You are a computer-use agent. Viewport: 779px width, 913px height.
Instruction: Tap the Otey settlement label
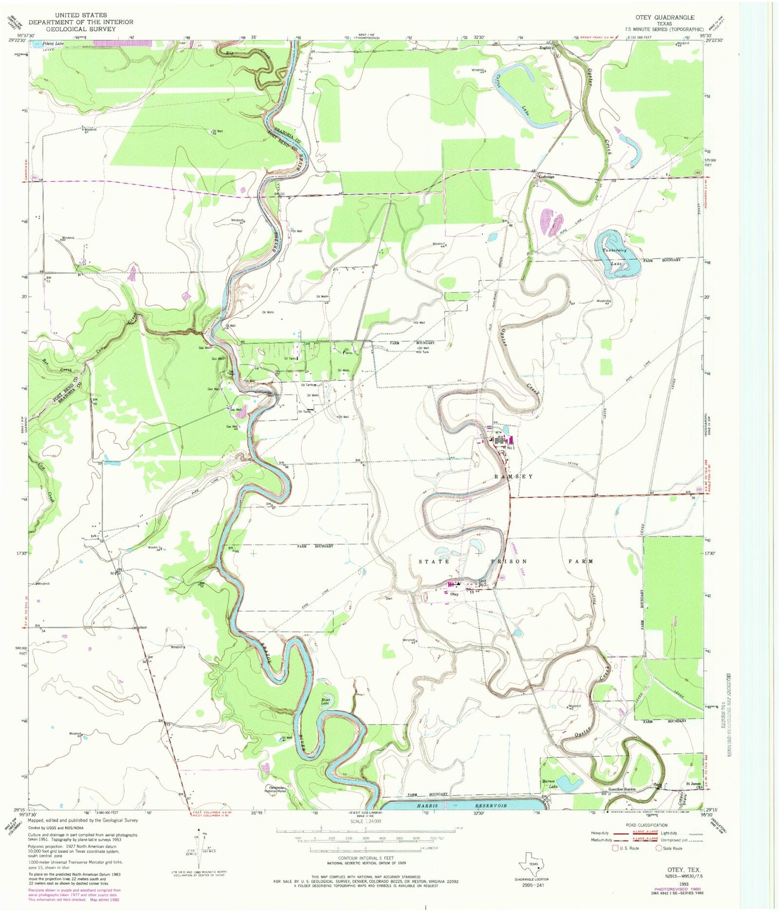click(x=454, y=594)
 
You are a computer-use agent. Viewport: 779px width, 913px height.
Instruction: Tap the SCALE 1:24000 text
click(x=365, y=821)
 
